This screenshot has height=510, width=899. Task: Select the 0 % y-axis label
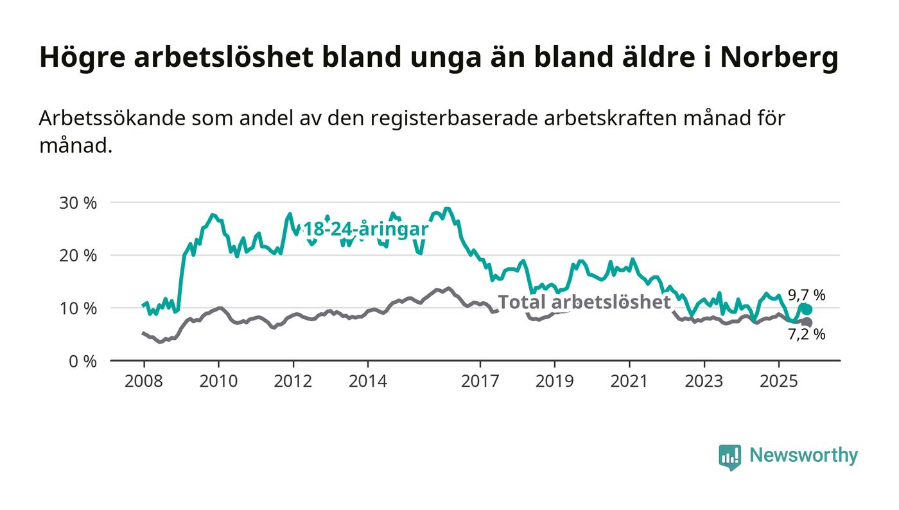83,361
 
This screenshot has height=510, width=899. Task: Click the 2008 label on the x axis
143,382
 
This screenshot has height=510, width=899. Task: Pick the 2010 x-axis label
218,382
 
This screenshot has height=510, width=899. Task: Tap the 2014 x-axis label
368,382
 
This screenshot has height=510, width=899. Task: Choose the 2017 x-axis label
480,382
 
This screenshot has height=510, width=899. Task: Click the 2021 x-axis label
629,382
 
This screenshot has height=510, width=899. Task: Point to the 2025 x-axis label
778,382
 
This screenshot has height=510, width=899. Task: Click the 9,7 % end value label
807,295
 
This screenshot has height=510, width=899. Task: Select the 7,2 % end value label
807,335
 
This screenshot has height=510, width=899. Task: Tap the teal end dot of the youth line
807,310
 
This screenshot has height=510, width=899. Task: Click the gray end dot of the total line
807,322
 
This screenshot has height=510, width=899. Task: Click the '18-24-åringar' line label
365,230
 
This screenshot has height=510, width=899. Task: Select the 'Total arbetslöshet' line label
584,302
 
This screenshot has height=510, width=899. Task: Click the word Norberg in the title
779,58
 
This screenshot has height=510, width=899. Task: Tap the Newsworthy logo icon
729,457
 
